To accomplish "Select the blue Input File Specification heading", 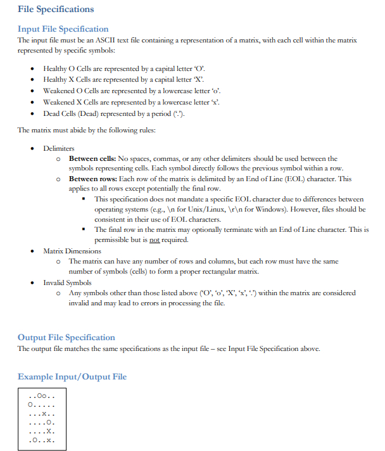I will pos(63,29).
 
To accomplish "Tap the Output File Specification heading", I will pos(66,338).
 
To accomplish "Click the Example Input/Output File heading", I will pos(72,377).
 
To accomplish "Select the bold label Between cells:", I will pos(92,159).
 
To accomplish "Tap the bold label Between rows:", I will pos(92,179).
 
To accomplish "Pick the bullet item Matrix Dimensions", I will pos(72,251).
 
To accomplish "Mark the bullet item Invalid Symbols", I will pos(67,283).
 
